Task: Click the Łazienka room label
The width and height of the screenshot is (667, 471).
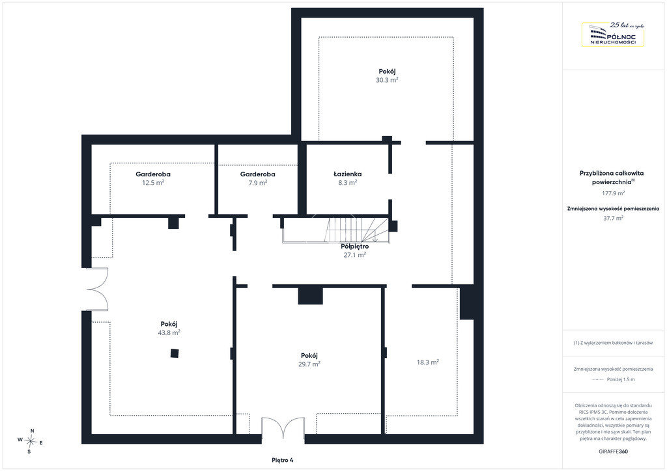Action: point(348,174)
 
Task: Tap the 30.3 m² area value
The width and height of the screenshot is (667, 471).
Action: point(387,80)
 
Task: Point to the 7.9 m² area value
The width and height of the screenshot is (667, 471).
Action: point(258,183)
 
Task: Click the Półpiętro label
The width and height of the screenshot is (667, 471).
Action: point(355,247)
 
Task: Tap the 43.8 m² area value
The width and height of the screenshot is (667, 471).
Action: point(169,332)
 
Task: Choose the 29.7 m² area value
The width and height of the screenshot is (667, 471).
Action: point(309,364)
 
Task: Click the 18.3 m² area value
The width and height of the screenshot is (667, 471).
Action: point(427,362)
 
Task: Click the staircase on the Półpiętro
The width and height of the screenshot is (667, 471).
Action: point(336,230)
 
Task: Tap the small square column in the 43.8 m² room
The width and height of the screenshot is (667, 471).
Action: point(175,353)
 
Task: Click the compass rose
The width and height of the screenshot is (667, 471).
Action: point(31,441)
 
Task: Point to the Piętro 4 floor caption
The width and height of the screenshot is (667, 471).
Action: point(283,460)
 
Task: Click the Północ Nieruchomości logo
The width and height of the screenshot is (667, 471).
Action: point(613,34)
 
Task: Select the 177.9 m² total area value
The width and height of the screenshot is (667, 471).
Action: point(613,193)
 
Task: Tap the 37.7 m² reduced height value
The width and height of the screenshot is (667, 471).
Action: point(613,219)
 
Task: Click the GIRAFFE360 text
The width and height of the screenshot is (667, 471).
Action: point(613,451)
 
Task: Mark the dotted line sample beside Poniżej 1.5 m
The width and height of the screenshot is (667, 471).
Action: point(598,380)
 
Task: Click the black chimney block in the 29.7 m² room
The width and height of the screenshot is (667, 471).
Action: point(310,296)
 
